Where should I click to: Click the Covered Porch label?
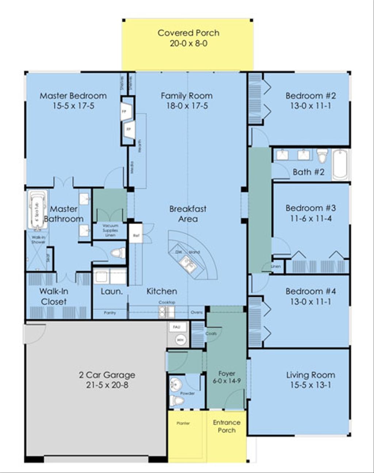click(188, 33)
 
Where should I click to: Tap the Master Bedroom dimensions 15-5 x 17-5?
click(73, 106)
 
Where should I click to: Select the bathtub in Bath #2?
click(340, 165)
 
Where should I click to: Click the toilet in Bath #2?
click(322, 156)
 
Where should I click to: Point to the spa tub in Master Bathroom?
click(37, 211)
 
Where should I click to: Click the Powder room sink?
click(176, 385)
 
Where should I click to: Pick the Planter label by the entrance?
click(183, 423)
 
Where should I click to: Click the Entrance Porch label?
click(226, 426)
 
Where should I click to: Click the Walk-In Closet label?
click(54, 296)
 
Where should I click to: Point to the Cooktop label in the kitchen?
click(167, 302)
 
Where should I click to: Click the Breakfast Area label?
click(188, 214)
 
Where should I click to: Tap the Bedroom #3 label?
click(310, 208)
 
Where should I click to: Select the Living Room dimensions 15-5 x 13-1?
click(310, 385)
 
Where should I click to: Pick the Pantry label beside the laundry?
click(110, 313)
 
